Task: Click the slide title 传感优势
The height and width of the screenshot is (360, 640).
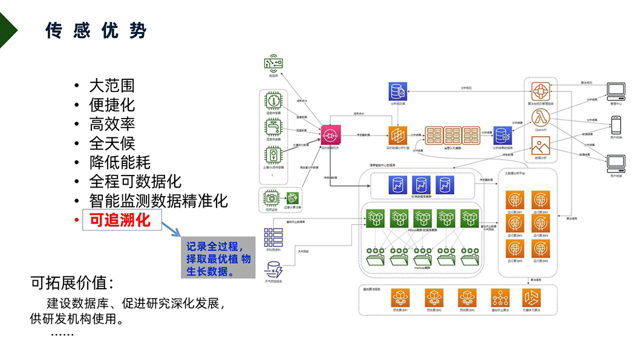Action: [x=96, y=31]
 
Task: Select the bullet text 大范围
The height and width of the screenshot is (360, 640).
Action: [x=112, y=86]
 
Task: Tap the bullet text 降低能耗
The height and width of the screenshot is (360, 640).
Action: [x=120, y=162]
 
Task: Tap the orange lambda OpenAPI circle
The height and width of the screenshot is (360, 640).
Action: [x=540, y=117]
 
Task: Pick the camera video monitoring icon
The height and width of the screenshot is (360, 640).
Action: [x=271, y=198]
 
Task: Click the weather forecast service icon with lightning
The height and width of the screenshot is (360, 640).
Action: [x=274, y=269]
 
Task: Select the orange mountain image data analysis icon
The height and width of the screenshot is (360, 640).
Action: [x=540, y=145]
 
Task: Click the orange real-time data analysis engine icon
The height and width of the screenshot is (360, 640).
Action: [x=398, y=134]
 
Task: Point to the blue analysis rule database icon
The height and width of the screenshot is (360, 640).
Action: [x=398, y=92]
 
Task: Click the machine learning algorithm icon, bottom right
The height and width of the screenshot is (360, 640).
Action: [x=531, y=298]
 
